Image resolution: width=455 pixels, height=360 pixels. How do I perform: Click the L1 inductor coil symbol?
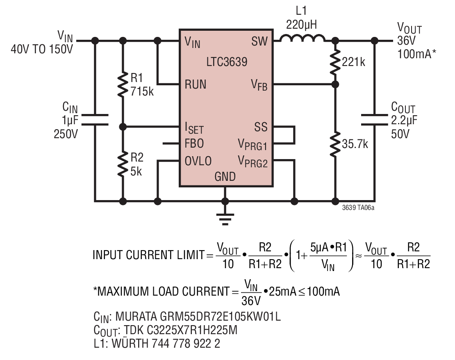tap(302, 38)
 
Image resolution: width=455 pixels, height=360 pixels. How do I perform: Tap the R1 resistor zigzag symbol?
tap(123, 84)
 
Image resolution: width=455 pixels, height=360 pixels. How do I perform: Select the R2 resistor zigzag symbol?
tap(123, 164)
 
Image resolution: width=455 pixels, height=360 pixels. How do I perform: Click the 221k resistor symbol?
tap(335, 62)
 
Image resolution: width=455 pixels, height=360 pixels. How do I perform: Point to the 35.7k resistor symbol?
tap(335, 144)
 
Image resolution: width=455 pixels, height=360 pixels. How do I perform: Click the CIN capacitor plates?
tap(95, 120)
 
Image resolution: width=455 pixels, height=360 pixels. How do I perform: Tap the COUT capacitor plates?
tap(375, 120)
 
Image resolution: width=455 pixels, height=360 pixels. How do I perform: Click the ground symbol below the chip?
tap(225, 219)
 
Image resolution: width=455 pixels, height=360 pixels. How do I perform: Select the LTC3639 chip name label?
tap(227, 62)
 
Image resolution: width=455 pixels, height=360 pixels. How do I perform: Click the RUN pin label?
tap(195, 84)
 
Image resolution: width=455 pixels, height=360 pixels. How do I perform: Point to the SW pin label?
tap(259, 41)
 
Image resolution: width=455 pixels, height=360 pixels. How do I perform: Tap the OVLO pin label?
tap(198, 161)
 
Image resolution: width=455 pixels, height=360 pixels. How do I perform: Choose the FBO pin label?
tap(194, 144)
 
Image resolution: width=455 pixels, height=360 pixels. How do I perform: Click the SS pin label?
tap(261, 127)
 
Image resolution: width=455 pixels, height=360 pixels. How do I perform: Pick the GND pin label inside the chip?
tap(225, 177)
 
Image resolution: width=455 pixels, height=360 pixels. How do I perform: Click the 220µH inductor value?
tap(302, 25)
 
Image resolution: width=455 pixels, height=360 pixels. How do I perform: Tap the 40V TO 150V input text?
tap(42, 49)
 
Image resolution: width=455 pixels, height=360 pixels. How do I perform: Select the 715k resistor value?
tap(142, 91)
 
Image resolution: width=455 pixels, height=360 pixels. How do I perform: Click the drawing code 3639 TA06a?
tap(358, 207)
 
